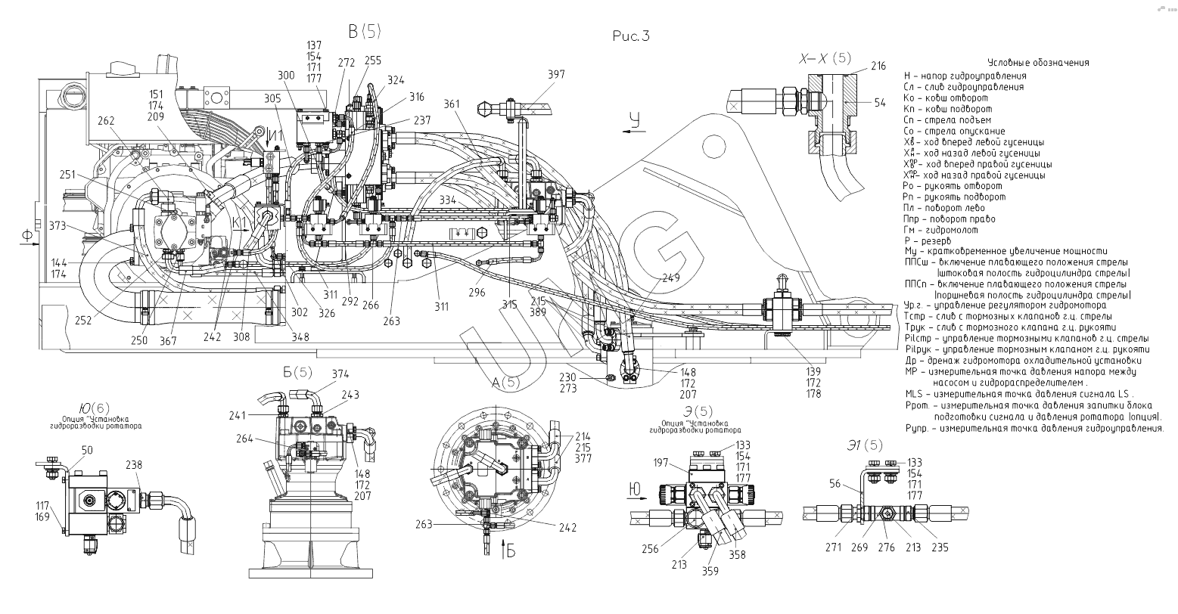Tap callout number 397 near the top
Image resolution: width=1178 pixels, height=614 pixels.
[556, 74]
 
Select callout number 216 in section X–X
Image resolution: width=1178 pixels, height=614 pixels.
[878, 67]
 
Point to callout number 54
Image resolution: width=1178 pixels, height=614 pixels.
[879, 102]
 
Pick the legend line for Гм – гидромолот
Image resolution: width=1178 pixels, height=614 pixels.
[940, 230]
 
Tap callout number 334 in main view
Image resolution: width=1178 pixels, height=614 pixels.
[447, 200]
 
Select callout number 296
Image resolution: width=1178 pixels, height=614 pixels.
[477, 290]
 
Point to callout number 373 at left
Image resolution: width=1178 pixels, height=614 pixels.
[56, 226]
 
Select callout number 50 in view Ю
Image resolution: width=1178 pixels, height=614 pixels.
[87, 451]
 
